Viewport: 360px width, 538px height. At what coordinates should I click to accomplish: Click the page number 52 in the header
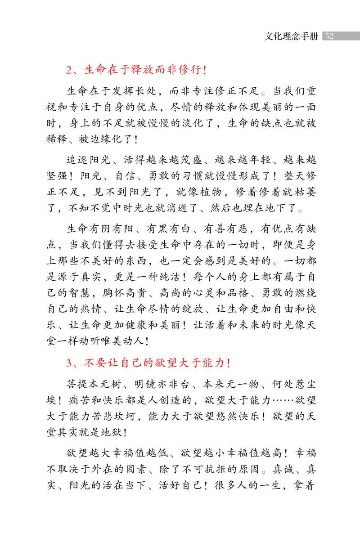coord(329,36)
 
